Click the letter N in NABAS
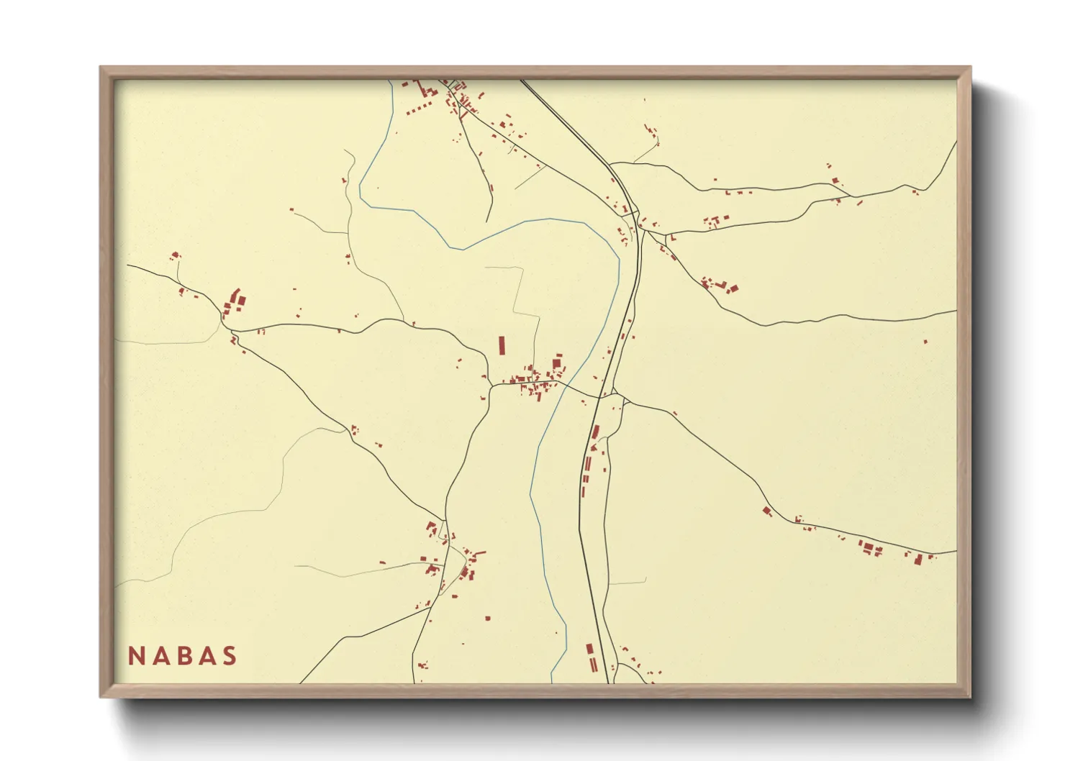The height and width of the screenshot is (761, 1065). [x=135, y=656]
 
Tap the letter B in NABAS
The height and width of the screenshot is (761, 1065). [x=183, y=656]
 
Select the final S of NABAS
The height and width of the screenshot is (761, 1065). [x=230, y=656]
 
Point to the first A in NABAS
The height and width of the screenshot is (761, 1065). [x=159, y=656]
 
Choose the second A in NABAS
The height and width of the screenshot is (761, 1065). [x=207, y=656]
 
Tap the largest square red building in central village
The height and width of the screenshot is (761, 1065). [x=557, y=360]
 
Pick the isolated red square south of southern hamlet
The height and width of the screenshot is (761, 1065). [x=487, y=618]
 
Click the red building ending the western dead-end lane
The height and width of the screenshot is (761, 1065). [x=174, y=255]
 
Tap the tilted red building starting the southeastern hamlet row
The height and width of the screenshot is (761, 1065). [x=767, y=511]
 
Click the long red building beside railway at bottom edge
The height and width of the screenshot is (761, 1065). [x=592, y=657]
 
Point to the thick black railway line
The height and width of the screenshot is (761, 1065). [x=580, y=503]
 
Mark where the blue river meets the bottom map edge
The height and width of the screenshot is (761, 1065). [x=552, y=682]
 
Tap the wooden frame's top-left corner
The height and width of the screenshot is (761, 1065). [x=101, y=68]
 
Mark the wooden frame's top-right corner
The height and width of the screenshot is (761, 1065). [x=970, y=68]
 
